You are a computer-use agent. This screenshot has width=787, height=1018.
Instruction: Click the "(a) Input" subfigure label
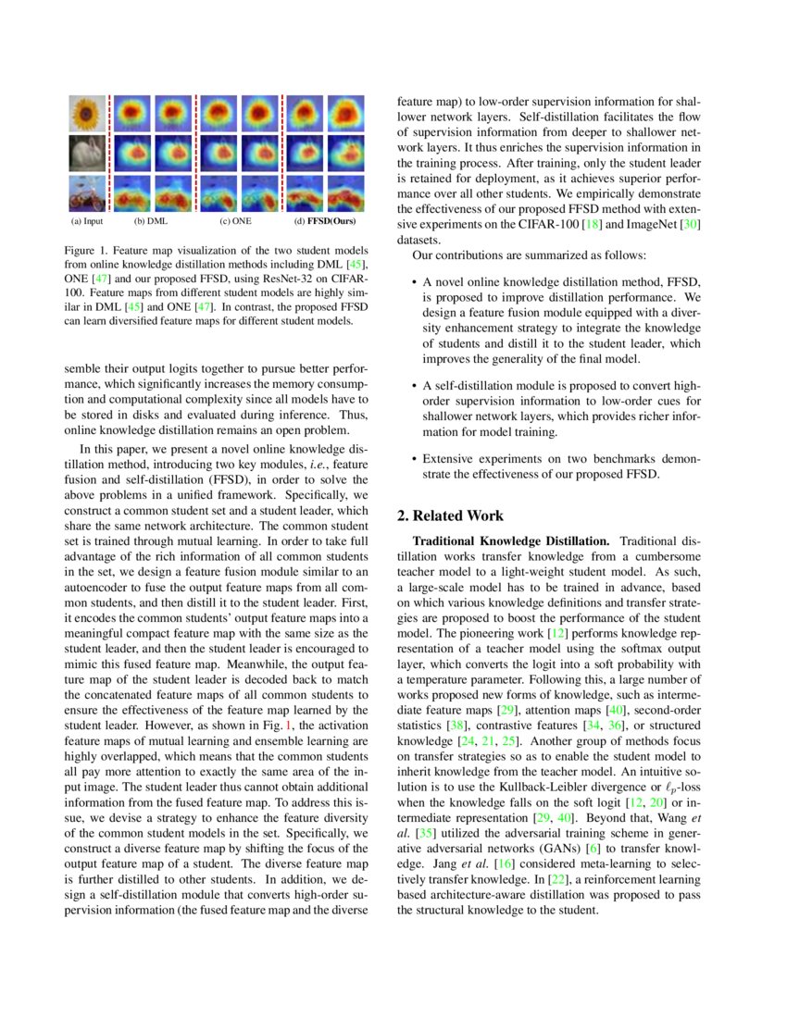point(87,222)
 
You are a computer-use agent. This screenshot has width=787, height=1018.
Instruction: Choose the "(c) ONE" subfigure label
point(235,222)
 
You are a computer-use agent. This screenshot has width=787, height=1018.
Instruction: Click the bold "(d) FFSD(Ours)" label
point(325,222)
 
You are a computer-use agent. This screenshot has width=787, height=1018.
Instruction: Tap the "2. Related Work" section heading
point(450,515)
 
